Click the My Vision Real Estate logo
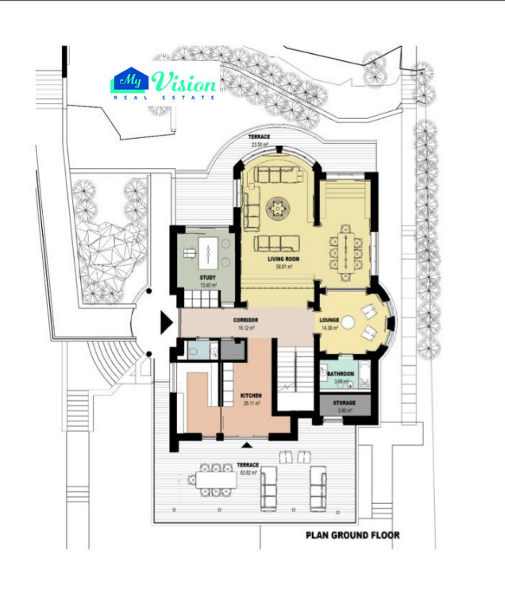pos(164,83)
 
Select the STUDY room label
pos(207,277)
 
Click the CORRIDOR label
pos(246,319)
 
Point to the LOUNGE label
pos(330,321)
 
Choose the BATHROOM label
pos(340,374)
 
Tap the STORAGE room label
pos(344,403)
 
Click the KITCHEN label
pos(252,395)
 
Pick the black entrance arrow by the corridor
pos(166,322)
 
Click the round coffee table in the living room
pos(279,210)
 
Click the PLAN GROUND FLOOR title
pos(353,536)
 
